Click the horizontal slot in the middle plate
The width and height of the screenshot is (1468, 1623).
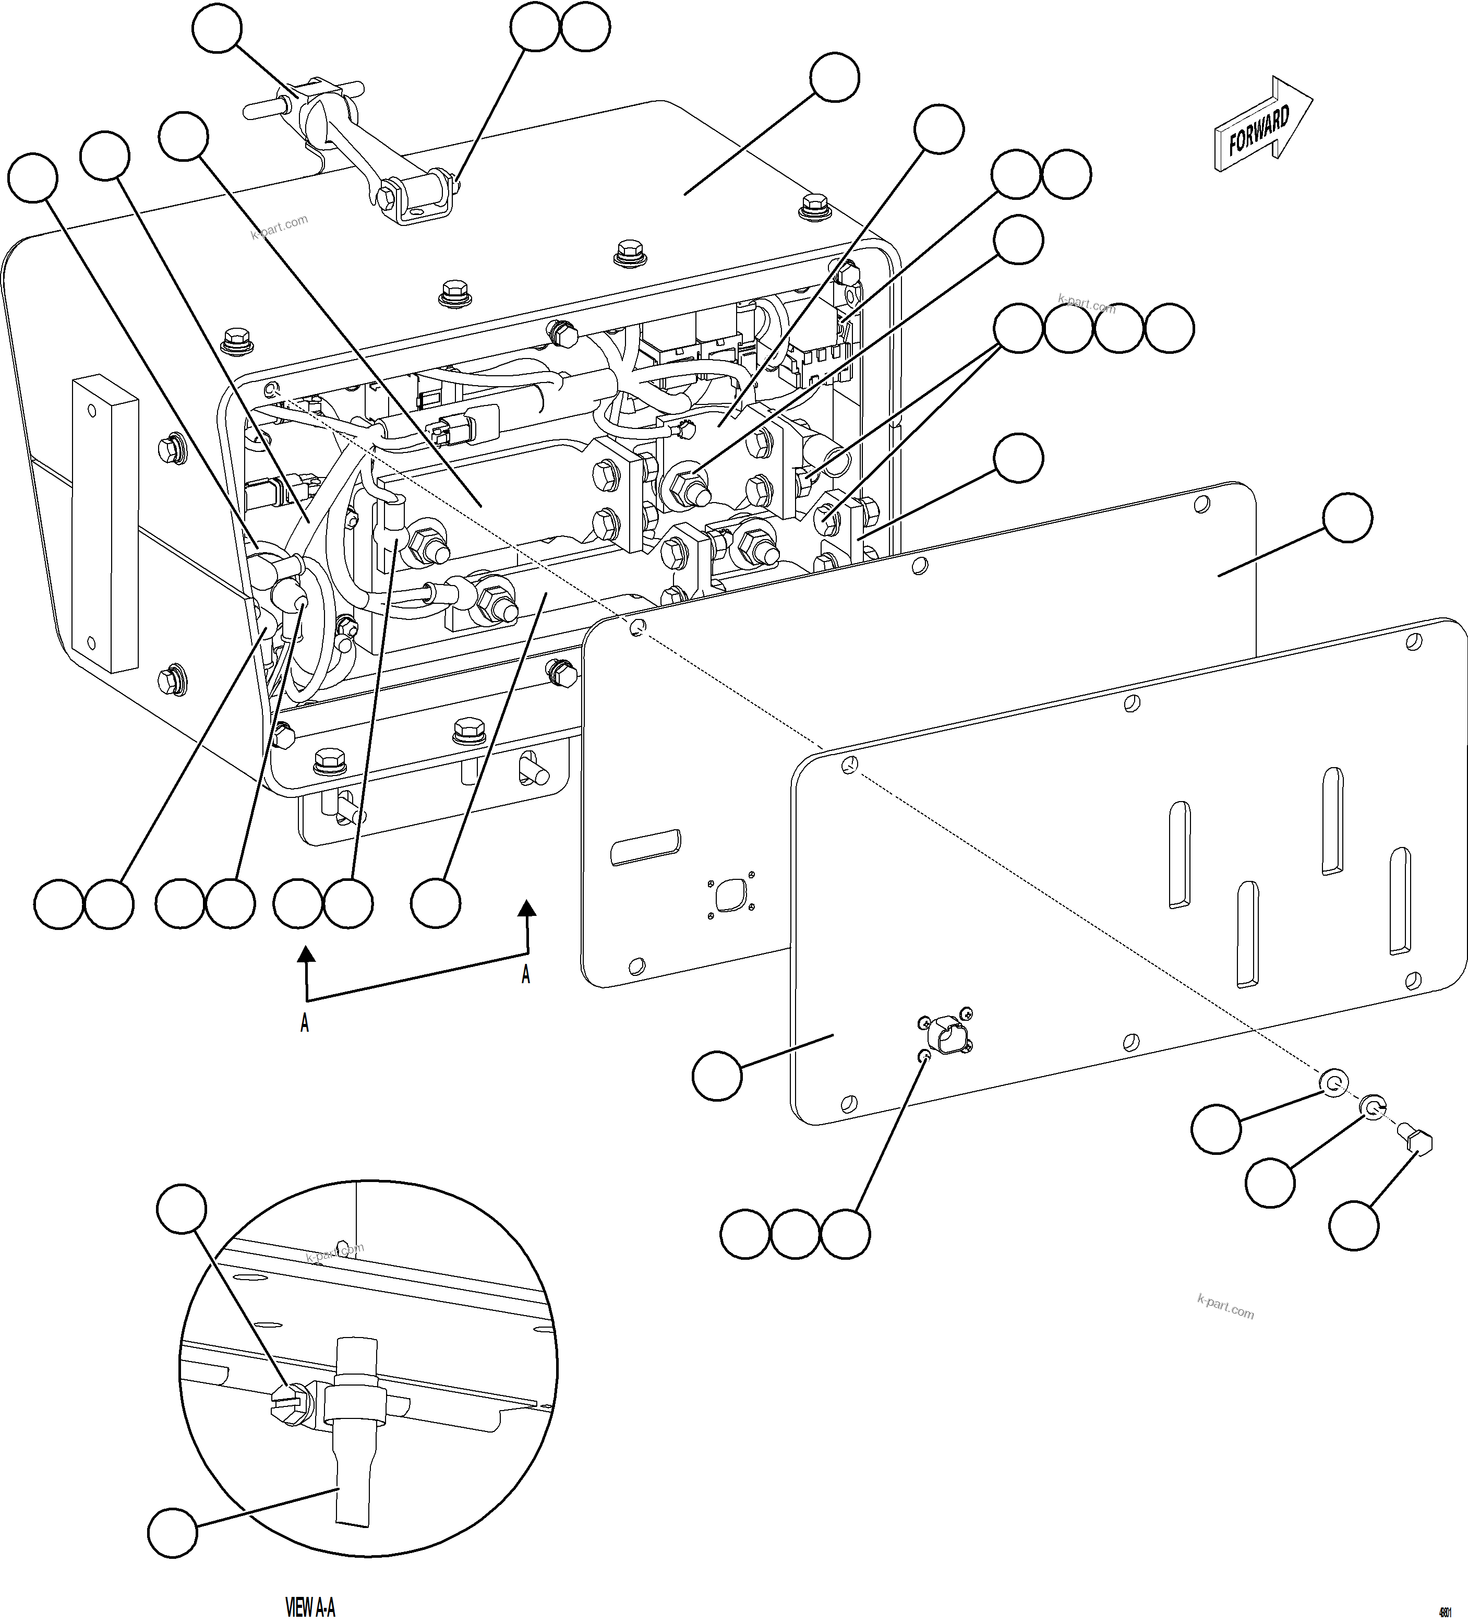point(645,848)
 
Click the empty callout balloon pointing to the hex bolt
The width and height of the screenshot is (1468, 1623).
point(1354,1226)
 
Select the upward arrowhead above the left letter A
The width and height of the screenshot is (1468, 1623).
point(305,955)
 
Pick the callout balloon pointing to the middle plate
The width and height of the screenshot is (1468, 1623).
point(1347,518)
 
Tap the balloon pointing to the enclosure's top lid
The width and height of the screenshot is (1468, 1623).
point(835,77)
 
